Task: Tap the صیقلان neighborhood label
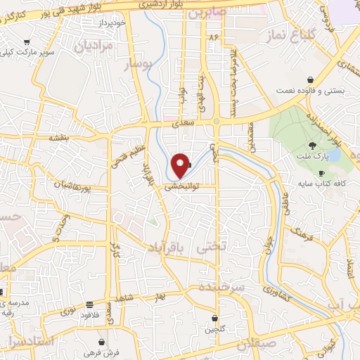pos(254,346)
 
